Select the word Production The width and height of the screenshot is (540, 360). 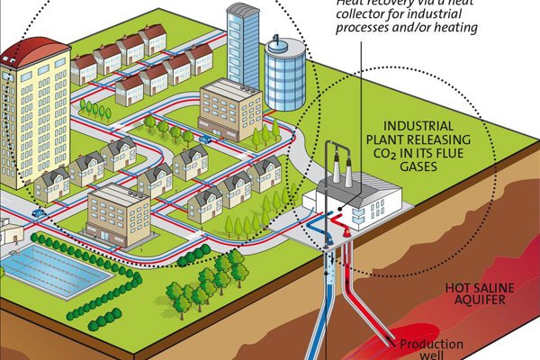tap(431, 344)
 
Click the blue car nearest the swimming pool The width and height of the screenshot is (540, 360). tap(38, 213)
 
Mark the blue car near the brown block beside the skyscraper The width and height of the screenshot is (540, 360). tap(206, 139)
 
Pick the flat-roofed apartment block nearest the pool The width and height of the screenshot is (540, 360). tap(117, 216)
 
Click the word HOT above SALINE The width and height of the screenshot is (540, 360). tap(463, 289)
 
